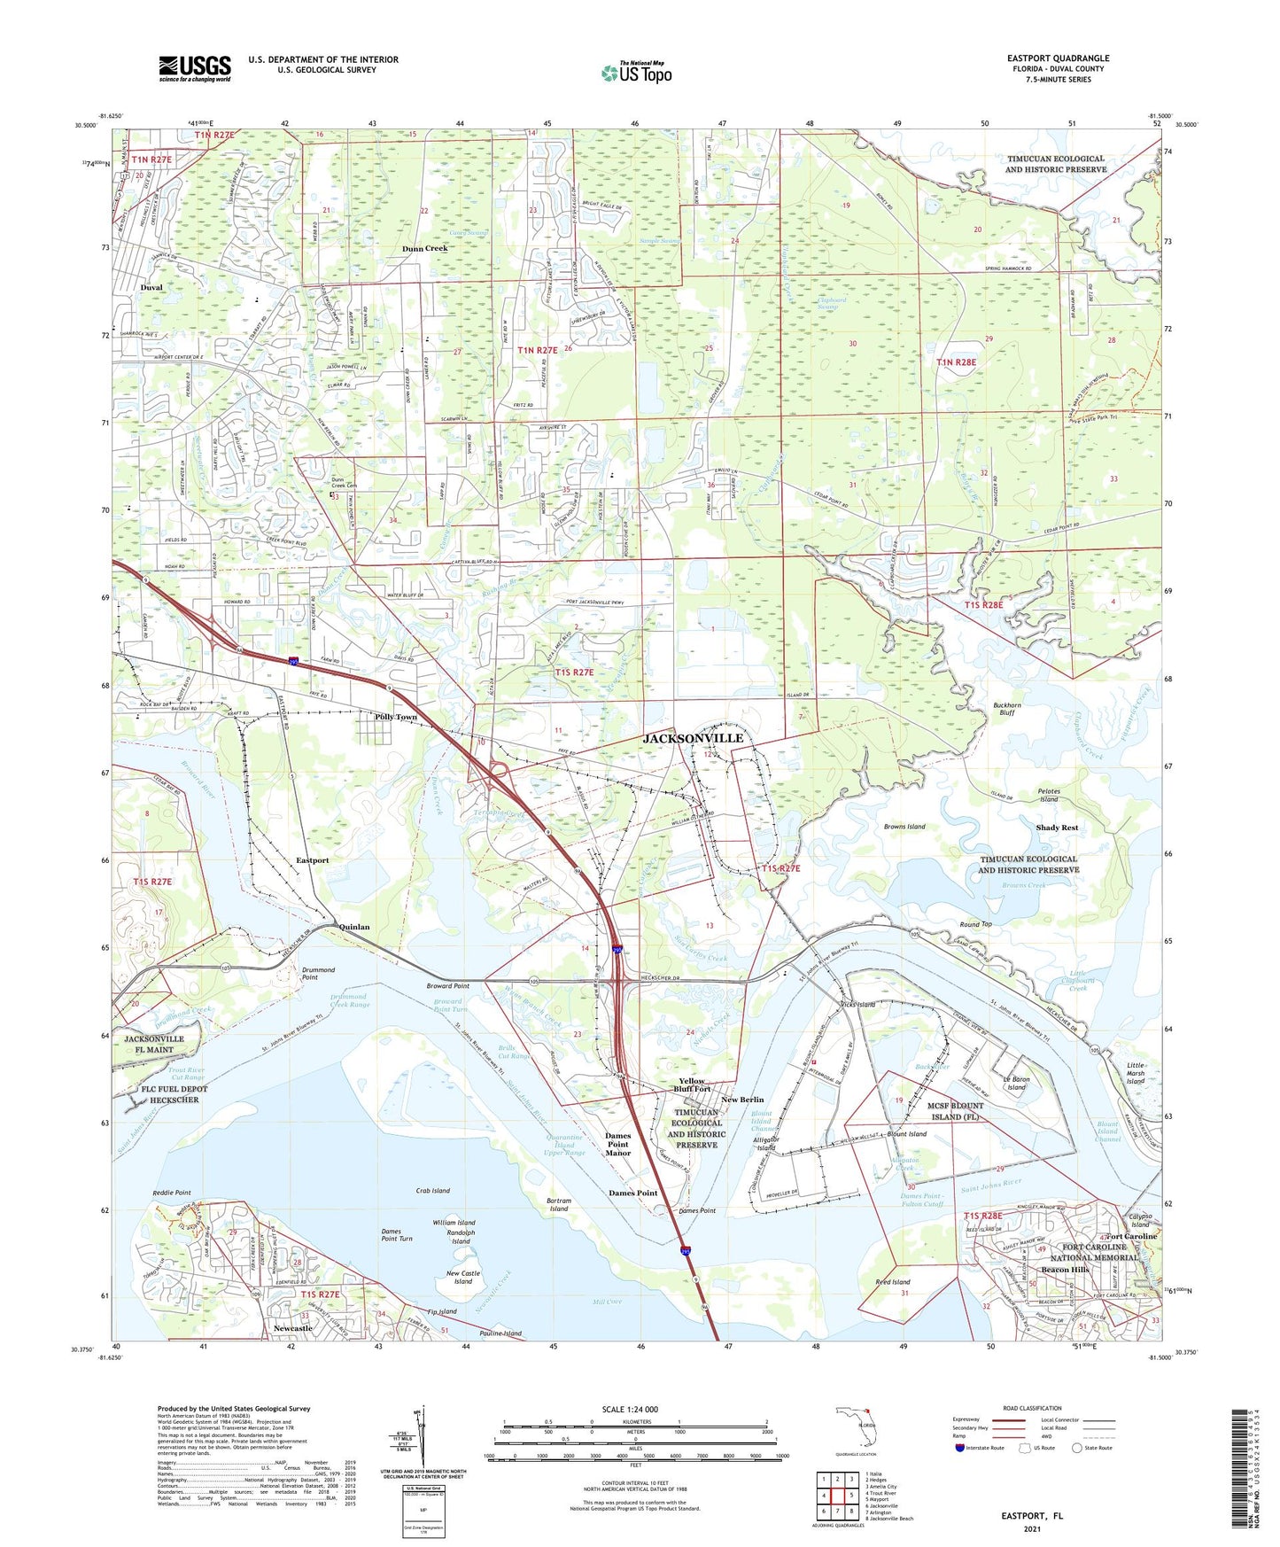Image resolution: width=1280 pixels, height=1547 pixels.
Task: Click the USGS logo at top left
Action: [x=195, y=68]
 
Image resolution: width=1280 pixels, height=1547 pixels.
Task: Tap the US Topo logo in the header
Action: [x=636, y=73]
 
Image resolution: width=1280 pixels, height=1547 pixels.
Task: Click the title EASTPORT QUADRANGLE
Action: [x=1058, y=58]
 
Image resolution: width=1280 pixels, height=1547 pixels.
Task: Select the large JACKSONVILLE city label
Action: [x=693, y=738]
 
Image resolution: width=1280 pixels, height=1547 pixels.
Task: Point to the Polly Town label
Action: [x=396, y=717]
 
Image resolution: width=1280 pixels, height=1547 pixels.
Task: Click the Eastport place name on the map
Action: [x=312, y=860]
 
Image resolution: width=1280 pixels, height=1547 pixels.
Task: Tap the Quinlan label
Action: [x=354, y=927]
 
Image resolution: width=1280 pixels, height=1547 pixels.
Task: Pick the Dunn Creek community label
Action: [x=424, y=249]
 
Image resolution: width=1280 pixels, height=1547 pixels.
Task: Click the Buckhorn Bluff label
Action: [x=1006, y=710]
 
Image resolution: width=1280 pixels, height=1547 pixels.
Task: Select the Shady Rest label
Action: [x=1057, y=828]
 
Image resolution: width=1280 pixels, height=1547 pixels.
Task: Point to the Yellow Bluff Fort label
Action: [x=694, y=1085]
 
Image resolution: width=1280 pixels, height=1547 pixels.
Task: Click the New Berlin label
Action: [x=742, y=1100]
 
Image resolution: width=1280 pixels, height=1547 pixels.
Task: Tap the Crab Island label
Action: [x=433, y=1191]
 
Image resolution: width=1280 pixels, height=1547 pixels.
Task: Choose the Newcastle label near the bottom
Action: [x=292, y=1329]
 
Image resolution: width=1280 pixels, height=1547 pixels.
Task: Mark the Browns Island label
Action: [x=904, y=827]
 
